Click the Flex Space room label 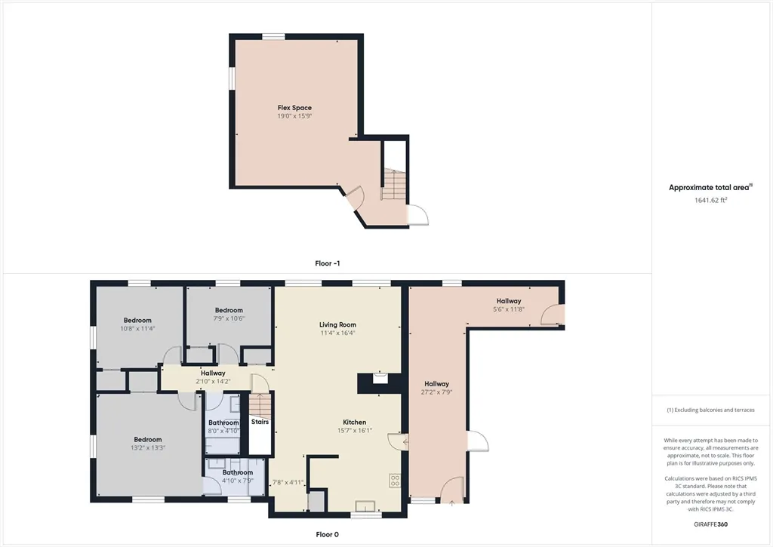coord(294,107)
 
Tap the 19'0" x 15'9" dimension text coord(294,116)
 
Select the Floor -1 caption coord(328,263)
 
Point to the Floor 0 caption coord(328,535)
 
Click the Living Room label coord(337,324)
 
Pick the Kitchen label coord(355,423)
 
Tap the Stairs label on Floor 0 coord(260,422)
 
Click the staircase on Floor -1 coord(393,184)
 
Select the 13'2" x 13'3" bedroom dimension coord(148,448)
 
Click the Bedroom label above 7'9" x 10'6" coord(229,310)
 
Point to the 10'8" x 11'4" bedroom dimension coord(137,329)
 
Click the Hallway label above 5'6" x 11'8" coord(509,301)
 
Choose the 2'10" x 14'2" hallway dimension coord(213,382)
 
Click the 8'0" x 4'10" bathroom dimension coord(223,432)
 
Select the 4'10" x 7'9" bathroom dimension coord(238,481)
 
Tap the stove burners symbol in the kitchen coord(395,481)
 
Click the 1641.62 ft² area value coord(710,200)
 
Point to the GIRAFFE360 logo coord(710,524)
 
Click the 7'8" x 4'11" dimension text coord(288,483)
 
